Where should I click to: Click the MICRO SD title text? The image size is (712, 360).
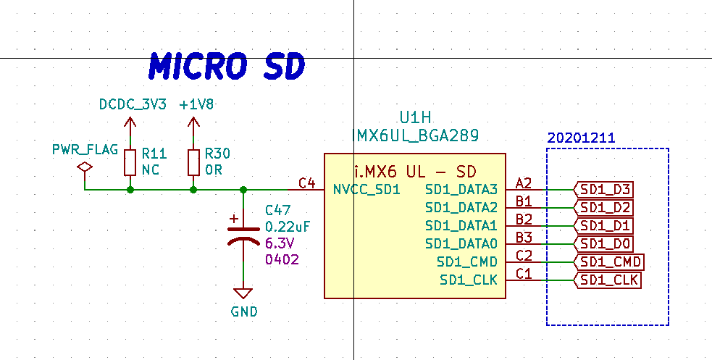pos(226,67)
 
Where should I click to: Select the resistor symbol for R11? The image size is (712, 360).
pos(130,162)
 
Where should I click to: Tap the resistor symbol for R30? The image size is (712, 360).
pos(193,162)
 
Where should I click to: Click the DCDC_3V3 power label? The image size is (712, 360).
pos(133,104)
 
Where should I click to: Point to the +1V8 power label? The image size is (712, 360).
pos(196,104)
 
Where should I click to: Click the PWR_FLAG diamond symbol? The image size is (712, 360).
pos(85,167)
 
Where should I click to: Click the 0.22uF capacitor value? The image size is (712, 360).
pos(288,227)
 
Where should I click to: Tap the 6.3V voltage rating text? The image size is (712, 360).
pos(280,243)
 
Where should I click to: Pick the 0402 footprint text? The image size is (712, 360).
pos(282,260)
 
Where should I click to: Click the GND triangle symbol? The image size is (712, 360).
pos(243,293)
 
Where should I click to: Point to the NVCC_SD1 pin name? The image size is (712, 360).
pos(367,189)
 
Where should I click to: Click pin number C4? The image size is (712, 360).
pos(306,183)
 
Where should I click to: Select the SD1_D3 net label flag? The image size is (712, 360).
pos(603,190)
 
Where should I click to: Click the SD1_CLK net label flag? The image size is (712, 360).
pos(608,280)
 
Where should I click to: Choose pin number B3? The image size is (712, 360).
pos(524,238)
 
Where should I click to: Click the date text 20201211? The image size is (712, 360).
pos(581,138)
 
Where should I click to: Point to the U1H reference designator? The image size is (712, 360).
pos(415,118)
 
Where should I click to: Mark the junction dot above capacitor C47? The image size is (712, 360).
pos(243,189)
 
